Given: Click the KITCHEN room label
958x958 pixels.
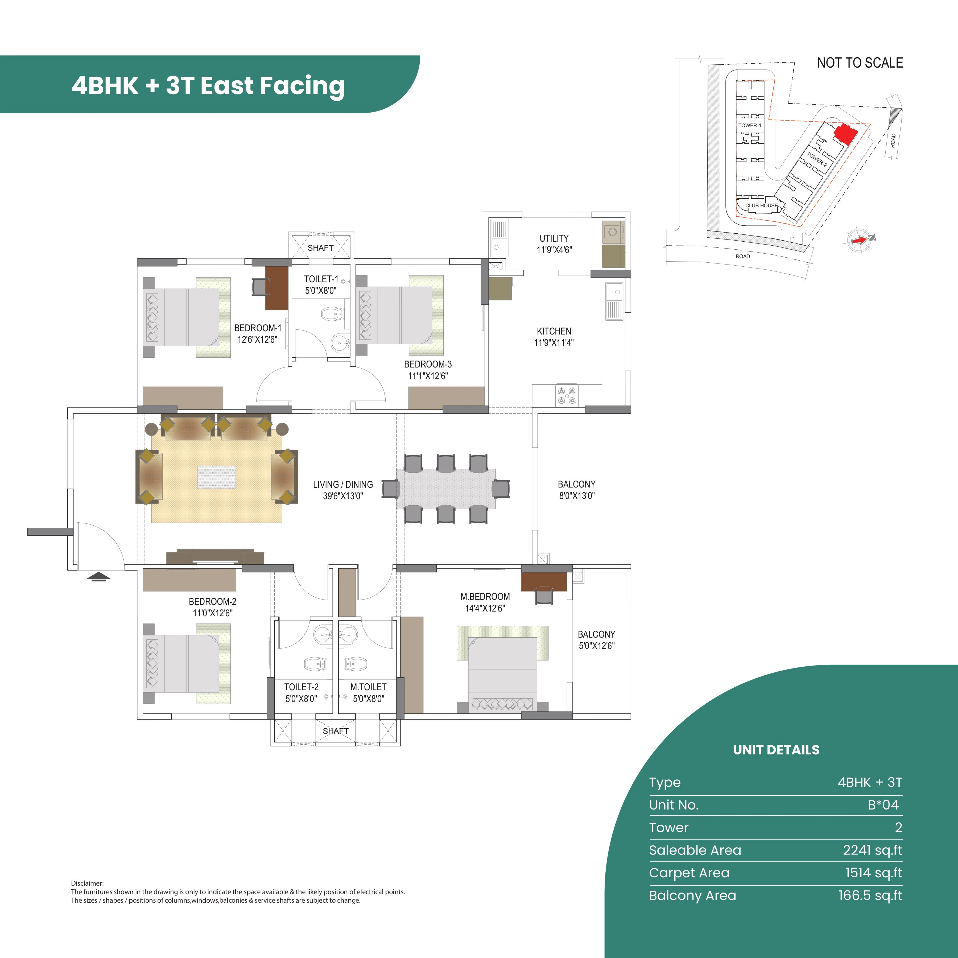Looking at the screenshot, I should (554, 331).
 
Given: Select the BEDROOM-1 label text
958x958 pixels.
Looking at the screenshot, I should (257, 328).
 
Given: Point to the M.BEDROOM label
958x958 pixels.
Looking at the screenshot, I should (485, 597).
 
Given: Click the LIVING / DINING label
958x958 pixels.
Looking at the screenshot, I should (343, 484).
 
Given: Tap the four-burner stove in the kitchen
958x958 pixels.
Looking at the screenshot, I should (567, 395).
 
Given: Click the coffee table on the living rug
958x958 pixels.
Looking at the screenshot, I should (217, 477).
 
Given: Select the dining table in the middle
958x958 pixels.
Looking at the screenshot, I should (445, 488).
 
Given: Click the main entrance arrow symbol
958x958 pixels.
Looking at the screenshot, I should (99, 576).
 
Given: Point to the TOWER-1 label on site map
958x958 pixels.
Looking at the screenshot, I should (749, 125).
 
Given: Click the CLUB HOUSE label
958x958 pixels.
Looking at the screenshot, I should (761, 205).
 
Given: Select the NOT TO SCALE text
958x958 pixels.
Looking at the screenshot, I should (860, 63).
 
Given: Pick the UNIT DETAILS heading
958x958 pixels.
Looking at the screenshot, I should (776, 750).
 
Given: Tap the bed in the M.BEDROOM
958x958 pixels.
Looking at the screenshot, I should (503, 670).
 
